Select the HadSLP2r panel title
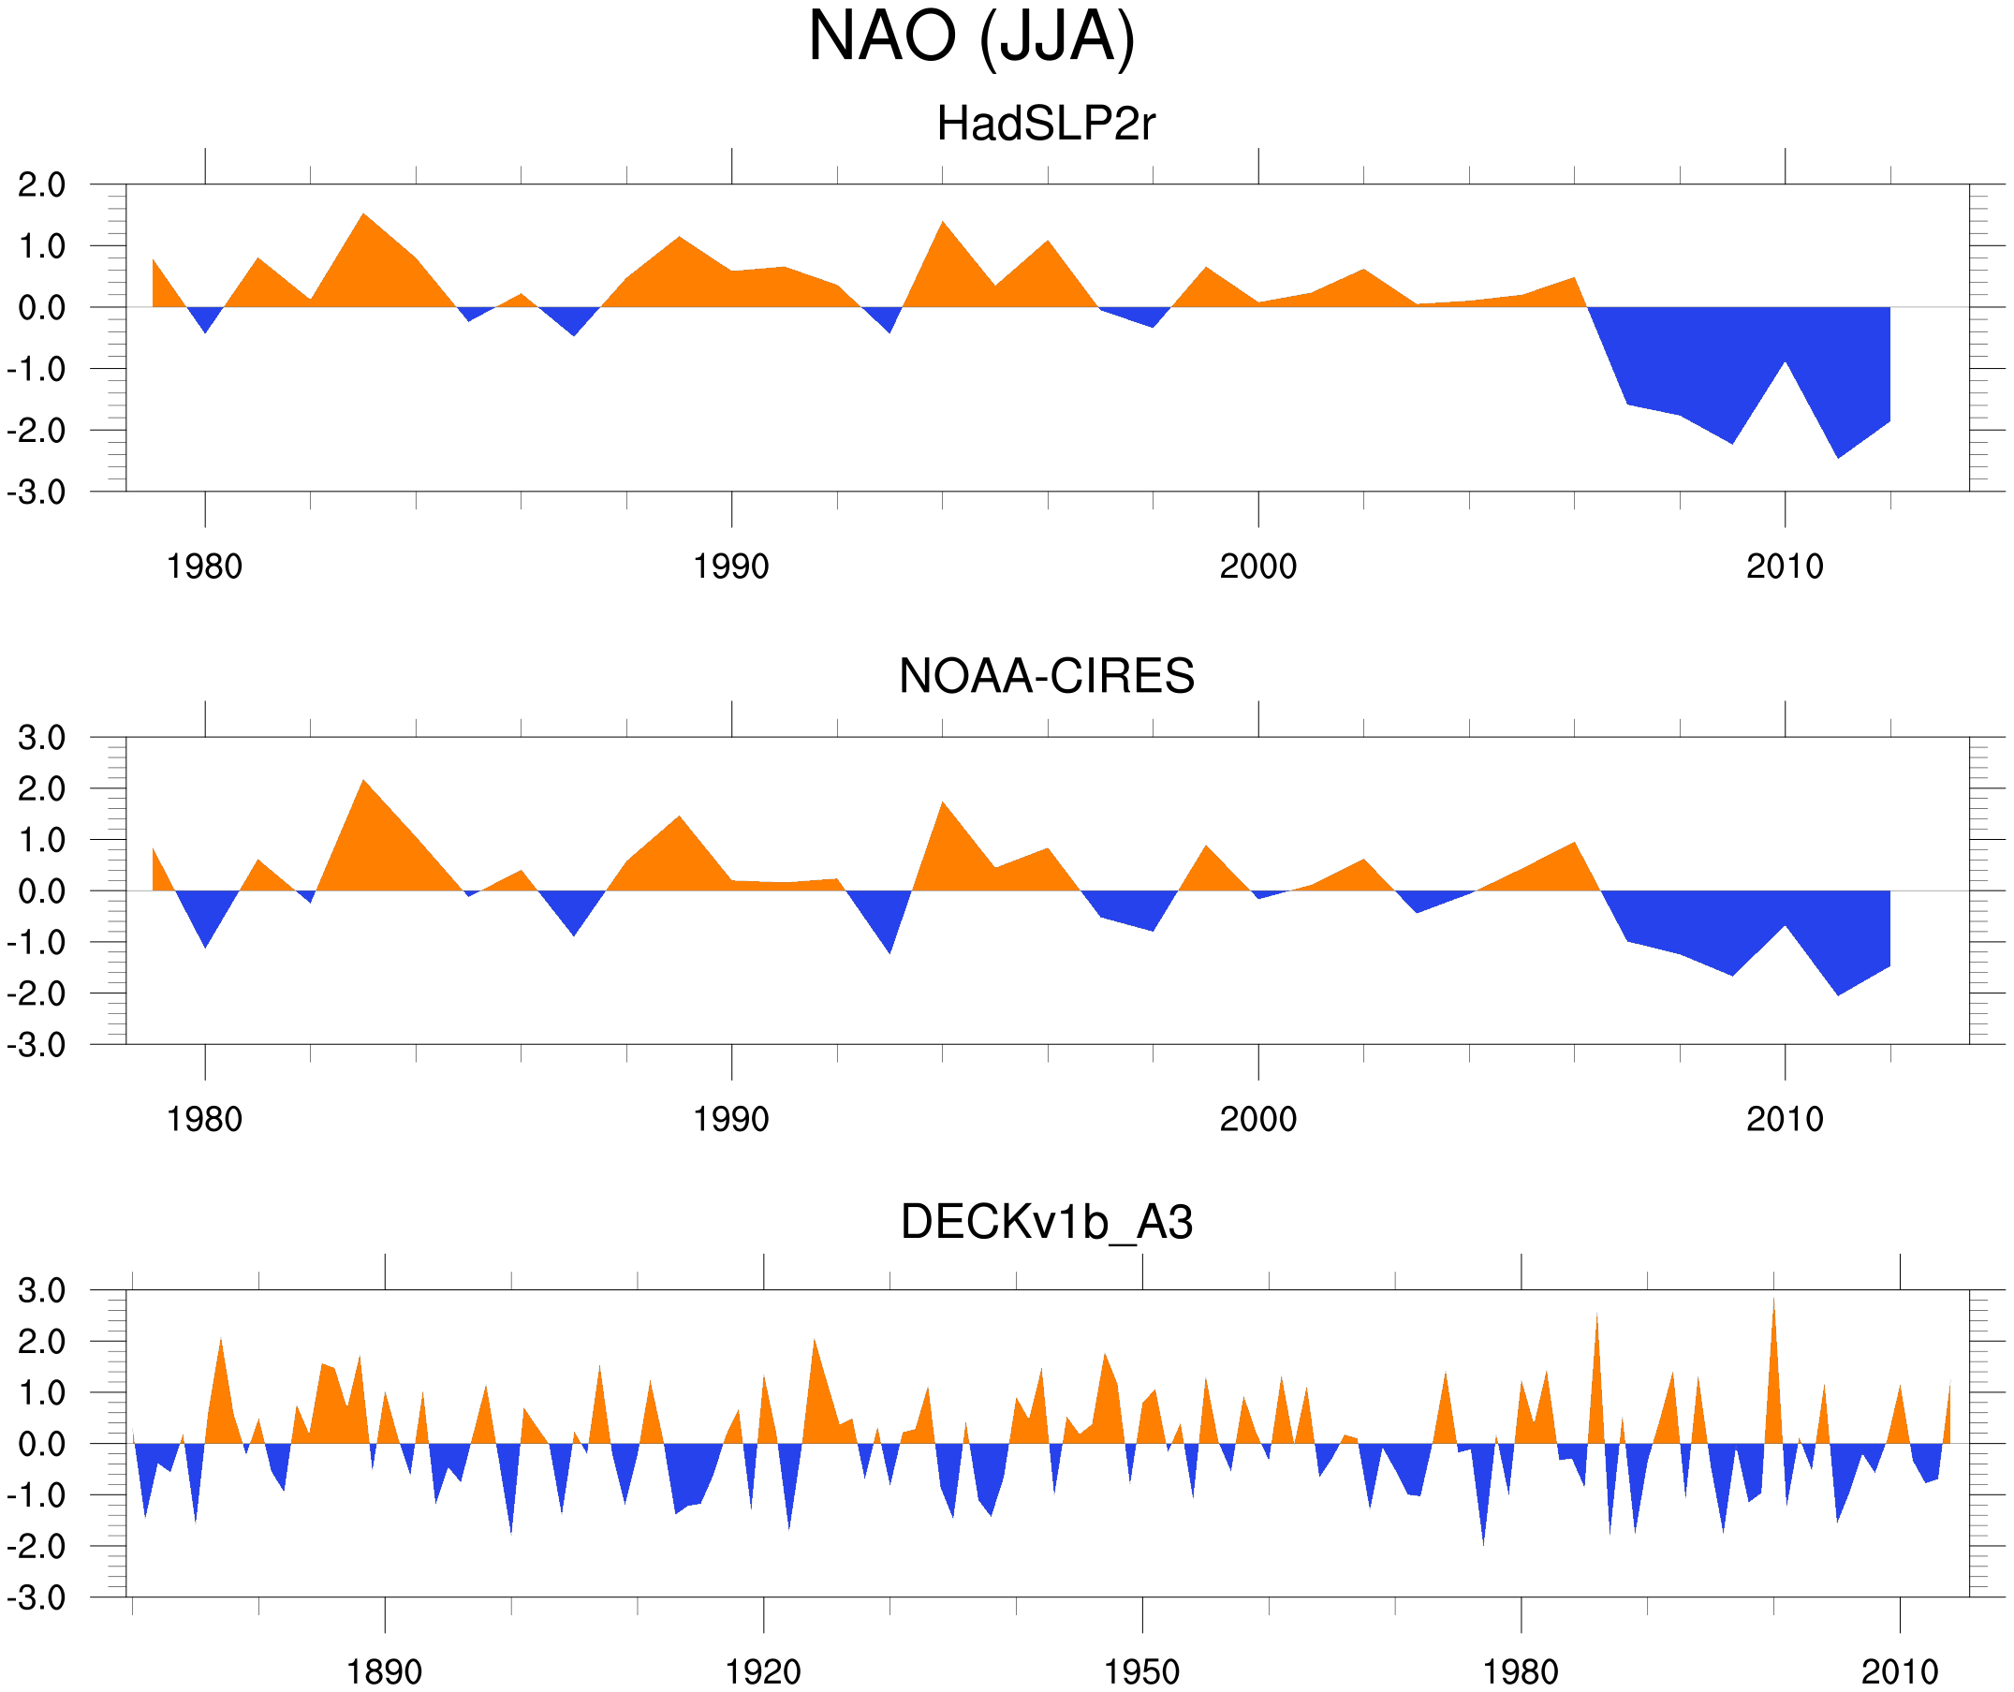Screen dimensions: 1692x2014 [x=1046, y=125]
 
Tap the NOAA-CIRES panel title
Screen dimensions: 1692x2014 [x=1046, y=676]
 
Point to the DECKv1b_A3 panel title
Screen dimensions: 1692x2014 [x=1046, y=1223]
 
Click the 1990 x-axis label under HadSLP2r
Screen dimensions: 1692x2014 [x=731, y=566]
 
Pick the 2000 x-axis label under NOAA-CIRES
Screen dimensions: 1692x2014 [x=1257, y=1119]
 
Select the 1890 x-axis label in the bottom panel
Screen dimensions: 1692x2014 [x=384, y=1671]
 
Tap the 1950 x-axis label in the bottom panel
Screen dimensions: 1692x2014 [x=1141, y=1671]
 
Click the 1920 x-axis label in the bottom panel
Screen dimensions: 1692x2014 [x=762, y=1671]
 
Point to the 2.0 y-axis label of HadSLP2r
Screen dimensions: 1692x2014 [x=41, y=185]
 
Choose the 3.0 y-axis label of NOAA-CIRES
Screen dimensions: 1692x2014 [x=41, y=739]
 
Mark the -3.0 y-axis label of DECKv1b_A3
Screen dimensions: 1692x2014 [x=37, y=1598]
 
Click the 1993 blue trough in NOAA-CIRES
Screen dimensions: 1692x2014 [x=890, y=949]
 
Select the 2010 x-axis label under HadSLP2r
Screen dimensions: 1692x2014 [x=1784, y=566]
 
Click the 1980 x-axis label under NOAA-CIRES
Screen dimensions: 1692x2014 [x=204, y=1119]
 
